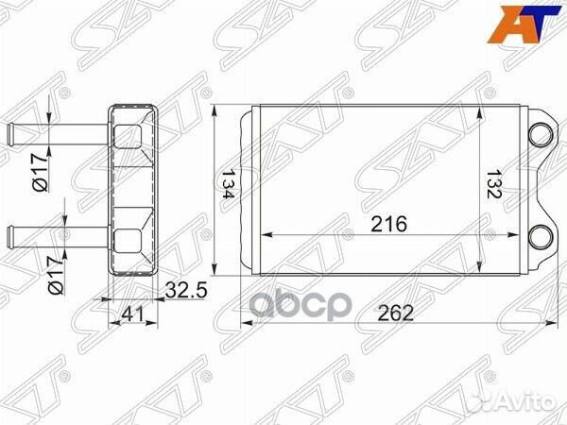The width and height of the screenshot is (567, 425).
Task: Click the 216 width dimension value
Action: click(387, 225)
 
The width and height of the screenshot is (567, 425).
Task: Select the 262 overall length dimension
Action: click(397, 314)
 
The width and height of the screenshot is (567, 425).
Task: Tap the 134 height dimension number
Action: click(228, 188)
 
